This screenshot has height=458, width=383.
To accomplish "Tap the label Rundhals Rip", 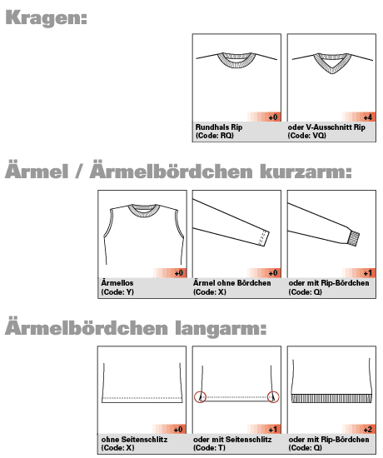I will point(217,127).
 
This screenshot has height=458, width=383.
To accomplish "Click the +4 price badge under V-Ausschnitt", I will point(368,117).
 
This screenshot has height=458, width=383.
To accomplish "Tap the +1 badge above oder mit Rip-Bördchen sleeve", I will point(367,272).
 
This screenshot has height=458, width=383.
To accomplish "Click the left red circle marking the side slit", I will point(201,396).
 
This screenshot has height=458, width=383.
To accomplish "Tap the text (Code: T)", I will point(209,447).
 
